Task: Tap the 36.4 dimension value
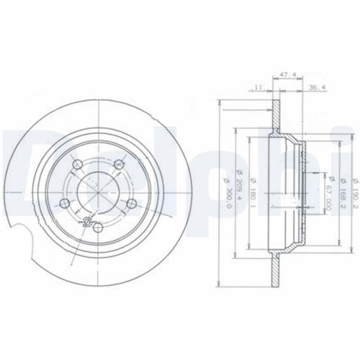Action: pos(315,88)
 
